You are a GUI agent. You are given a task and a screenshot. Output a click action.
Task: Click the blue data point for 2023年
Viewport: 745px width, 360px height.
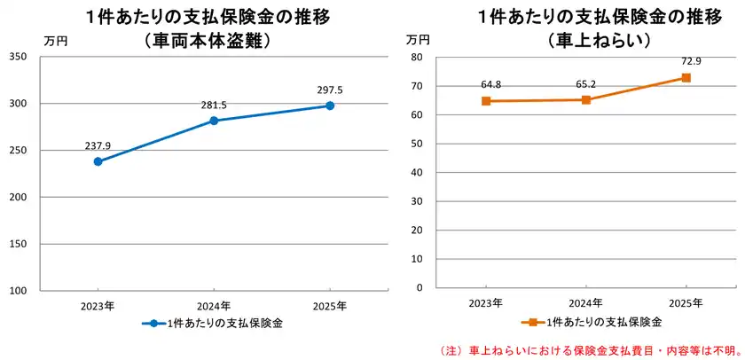(98, 161)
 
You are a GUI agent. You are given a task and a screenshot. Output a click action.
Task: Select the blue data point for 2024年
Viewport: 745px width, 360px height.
(214, 121)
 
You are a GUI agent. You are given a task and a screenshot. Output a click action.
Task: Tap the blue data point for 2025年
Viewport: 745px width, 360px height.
(330, 106)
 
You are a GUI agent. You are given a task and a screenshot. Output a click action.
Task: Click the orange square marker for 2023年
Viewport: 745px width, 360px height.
(485, 101)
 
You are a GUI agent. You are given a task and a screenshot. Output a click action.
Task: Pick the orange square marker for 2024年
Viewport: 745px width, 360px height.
(585, 99)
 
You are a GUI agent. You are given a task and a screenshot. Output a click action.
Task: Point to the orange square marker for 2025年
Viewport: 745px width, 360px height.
(686, 78)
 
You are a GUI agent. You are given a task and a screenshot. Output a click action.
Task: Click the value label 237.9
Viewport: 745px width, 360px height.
(98, 145)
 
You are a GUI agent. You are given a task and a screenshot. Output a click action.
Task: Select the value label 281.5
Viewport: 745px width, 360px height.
(214, 105)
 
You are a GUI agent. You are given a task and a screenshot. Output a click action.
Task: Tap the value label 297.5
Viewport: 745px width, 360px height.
(330, 90)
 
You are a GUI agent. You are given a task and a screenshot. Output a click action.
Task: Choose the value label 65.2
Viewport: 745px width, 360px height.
(585, 84)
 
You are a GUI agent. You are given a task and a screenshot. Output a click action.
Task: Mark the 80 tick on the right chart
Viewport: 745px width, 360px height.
(414, 57)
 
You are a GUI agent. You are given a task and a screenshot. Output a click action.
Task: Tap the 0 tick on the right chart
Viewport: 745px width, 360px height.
(417, 288)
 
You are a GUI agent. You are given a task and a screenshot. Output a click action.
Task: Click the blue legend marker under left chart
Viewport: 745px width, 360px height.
(153, 324)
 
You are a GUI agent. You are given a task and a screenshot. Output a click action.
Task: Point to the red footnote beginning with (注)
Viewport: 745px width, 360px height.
(589, 349)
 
